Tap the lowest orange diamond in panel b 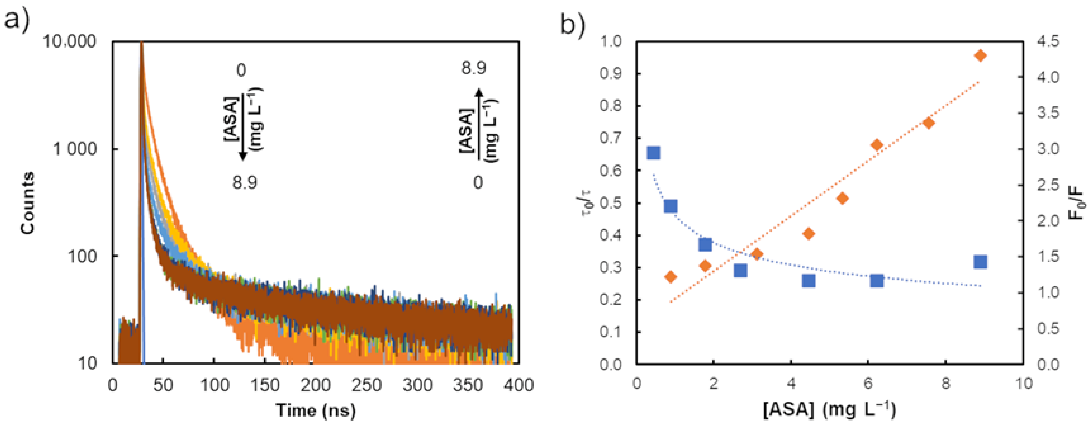pyautogui.click(x=671, y=277)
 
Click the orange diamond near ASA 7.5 pyautogui.click(x=929, y=123)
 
